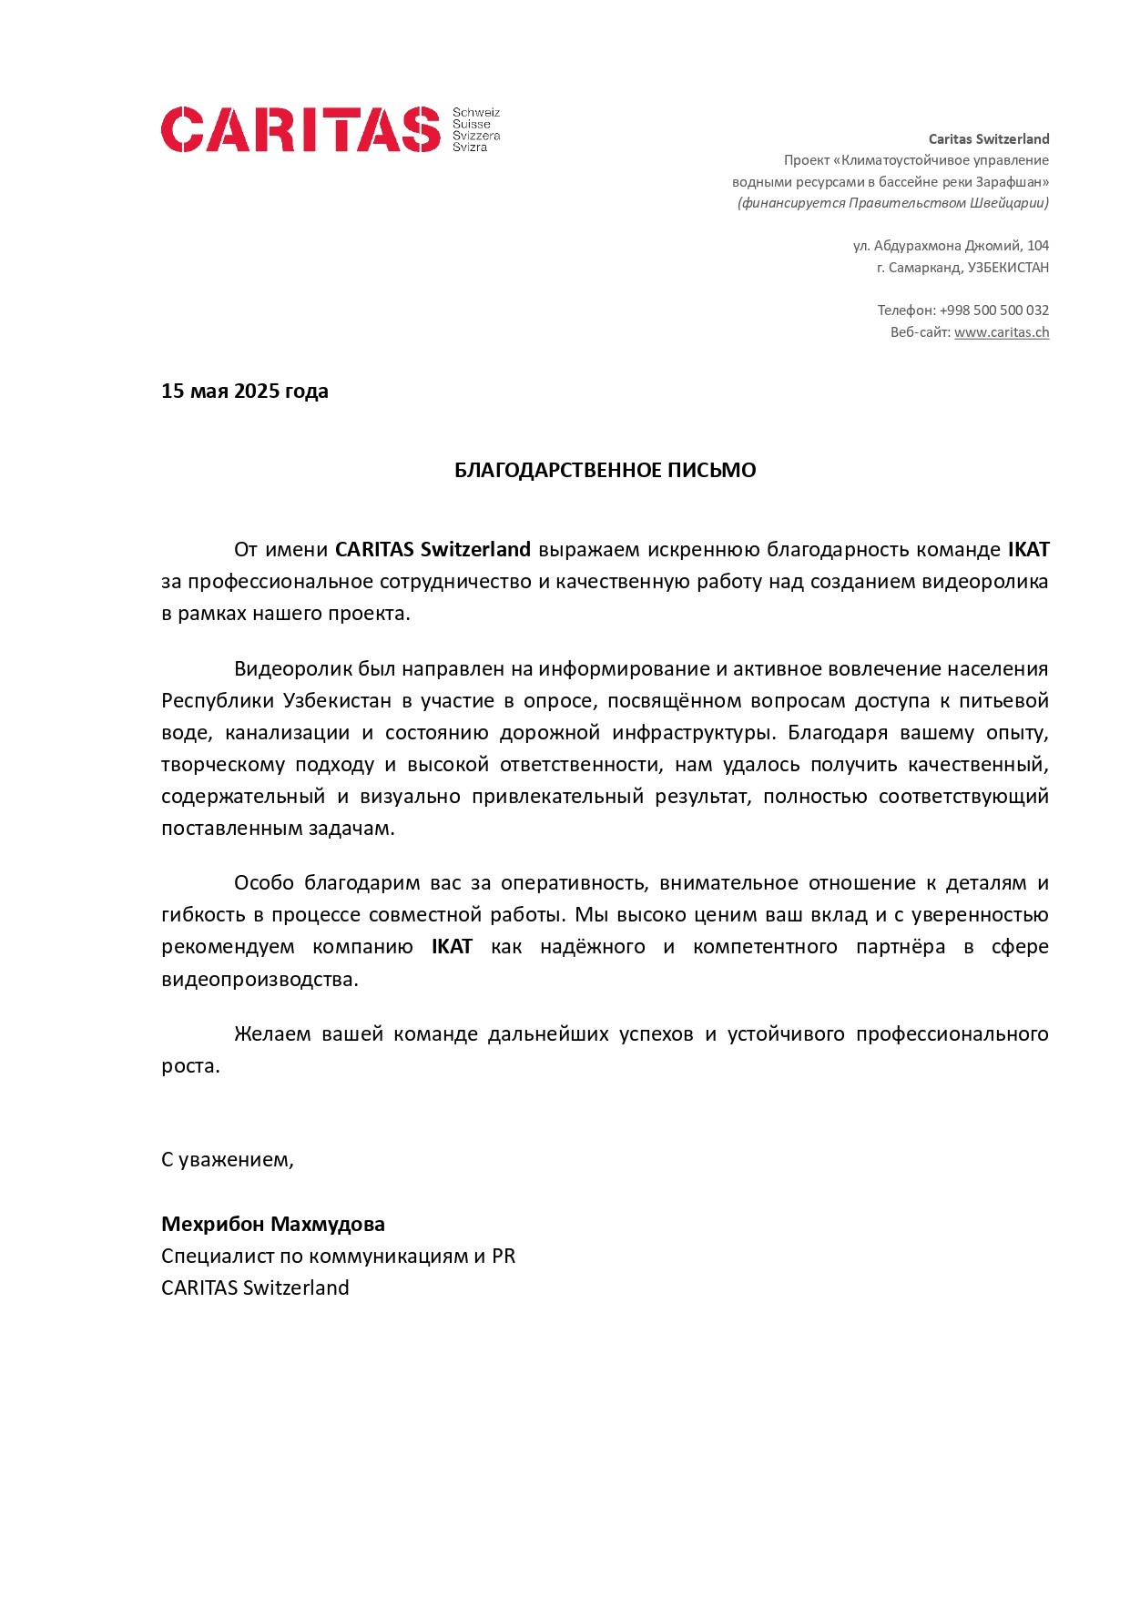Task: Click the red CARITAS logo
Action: click(300, 129)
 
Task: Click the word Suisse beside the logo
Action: click(471, 125)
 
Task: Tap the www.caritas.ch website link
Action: click(1001, 332)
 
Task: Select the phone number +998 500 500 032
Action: click(993, 310)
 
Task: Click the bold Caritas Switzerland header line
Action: click(988, 139)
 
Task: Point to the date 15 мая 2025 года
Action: click(244, 392)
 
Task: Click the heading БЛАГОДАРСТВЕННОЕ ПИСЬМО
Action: click(605, 471)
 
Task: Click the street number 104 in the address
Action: click(1037, 246)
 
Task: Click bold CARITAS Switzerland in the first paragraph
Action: click(433, 550)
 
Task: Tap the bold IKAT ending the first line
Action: click(1028, 550)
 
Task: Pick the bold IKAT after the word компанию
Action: click(452, 947)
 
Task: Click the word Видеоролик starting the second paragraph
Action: click(291, 669)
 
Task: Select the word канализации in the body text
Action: click(287, 733)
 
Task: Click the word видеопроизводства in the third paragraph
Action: click(259, 980)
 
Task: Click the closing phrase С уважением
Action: click(227, 1160)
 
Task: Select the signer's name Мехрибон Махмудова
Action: click(272, 1225)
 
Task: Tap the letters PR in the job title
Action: click(504, 1257)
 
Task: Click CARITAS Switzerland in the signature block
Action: click(255, 1288)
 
